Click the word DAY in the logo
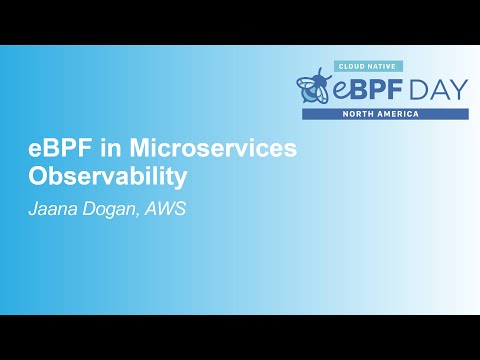(x=438, y=89)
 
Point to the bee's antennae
(x=319, y=73)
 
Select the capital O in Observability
(x=36, y=176)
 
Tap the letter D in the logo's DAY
(x=416, y=89)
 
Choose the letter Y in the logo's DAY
(x=458, y=89)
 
